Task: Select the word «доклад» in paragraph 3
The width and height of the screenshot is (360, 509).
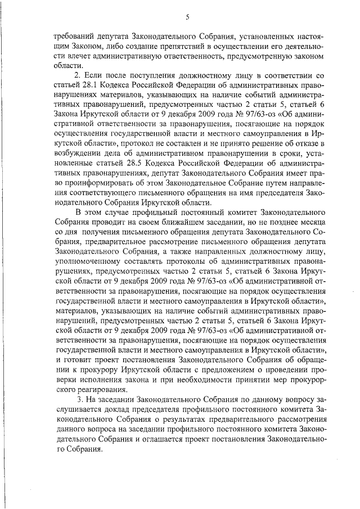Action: tap(124, 411)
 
